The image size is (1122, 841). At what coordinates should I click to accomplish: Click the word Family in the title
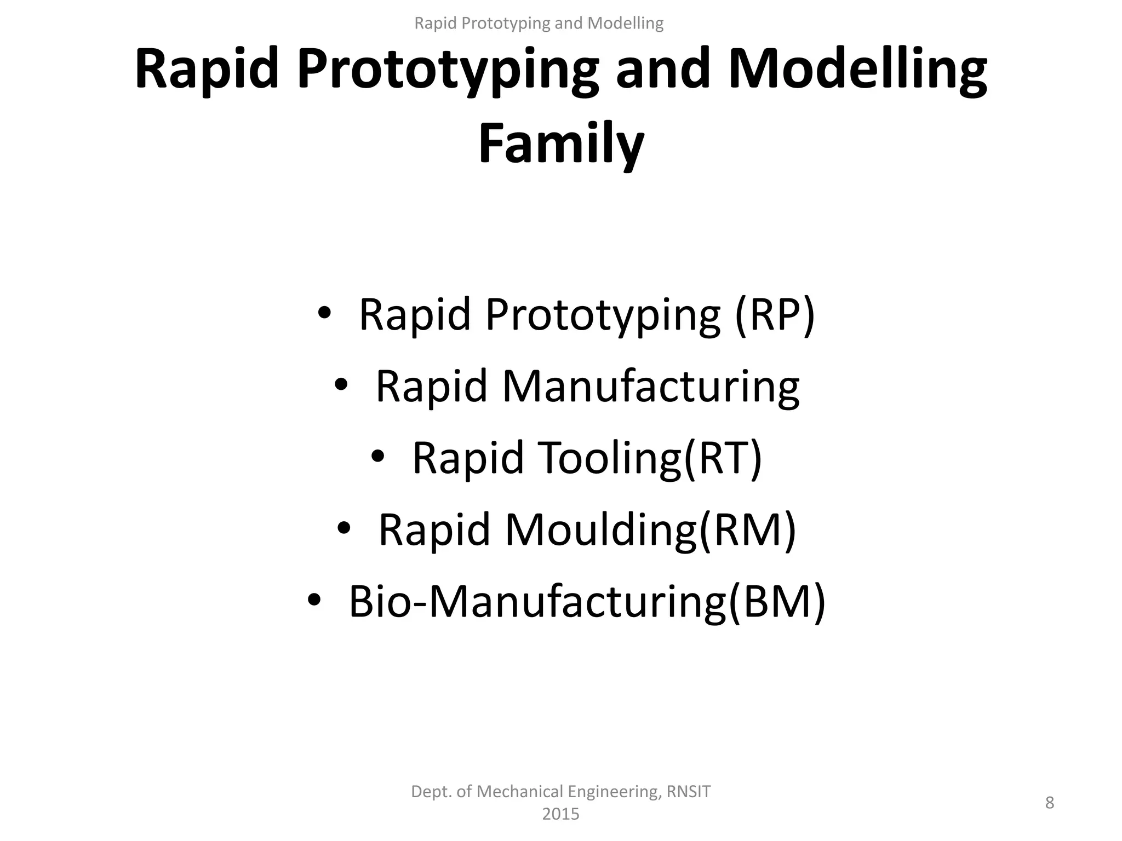pos(561,143)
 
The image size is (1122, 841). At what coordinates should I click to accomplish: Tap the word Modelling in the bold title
pos(858,70)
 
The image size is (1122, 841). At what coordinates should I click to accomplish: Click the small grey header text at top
pos(539,23)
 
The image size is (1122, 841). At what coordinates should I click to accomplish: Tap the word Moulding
pos(600,529)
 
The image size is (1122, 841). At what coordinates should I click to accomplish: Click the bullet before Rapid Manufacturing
pos(341,386)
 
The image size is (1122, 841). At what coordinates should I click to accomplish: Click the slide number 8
pos(1049,803)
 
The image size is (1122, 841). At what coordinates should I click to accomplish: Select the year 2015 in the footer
pos(560,814)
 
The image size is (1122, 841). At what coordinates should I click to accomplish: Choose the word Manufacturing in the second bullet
pos(651,386)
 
